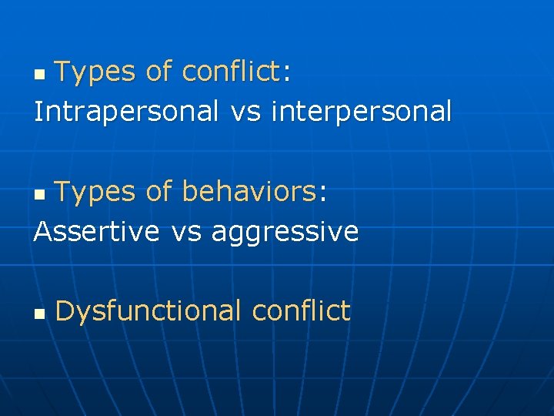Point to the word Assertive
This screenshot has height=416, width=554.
97,230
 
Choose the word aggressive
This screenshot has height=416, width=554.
285,232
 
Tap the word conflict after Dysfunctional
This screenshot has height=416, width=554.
301,311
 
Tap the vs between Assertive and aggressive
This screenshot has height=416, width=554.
185,231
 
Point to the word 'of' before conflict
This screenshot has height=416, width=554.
159,72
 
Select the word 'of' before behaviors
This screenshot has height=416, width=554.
159,192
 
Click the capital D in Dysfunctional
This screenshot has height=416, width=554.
65,311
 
